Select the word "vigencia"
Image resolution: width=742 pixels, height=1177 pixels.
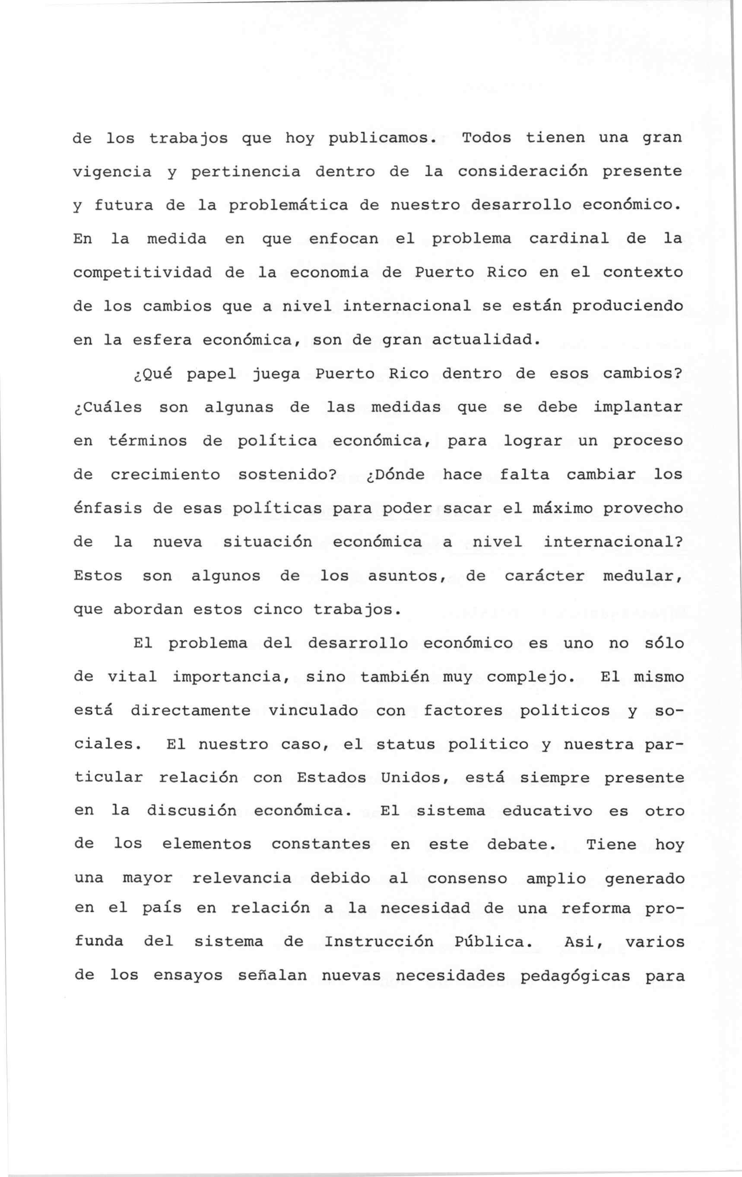pos(112,172)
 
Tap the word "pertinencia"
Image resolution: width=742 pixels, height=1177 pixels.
pos(246,172)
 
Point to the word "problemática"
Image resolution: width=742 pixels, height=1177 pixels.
pos(289,206)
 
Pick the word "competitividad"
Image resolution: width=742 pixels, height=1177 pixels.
pos(143,273)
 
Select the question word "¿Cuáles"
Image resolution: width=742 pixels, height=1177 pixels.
pos(108,407)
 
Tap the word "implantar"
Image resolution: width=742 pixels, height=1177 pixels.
pos(637,407)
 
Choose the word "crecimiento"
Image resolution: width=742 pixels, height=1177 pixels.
pos(165,474)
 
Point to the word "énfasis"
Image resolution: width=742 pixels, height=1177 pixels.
pos(108,508)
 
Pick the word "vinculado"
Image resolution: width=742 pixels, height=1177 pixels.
pos(313,711)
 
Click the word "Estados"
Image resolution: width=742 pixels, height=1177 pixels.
pos(331,778)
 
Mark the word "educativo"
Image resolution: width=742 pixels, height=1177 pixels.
pos(547,811)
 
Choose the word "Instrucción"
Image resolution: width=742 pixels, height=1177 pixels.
pos(379,942)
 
